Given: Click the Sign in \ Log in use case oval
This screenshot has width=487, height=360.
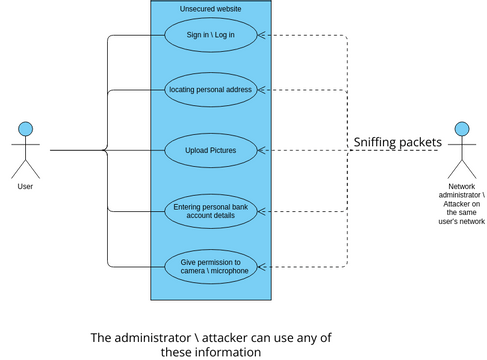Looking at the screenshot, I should (x=211, y=36).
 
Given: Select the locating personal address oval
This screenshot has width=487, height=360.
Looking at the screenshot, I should (x=211, y=89).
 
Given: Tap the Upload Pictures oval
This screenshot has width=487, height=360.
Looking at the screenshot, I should (x=211, y=151).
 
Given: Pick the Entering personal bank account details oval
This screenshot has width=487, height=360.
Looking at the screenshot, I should (x=211, y=211).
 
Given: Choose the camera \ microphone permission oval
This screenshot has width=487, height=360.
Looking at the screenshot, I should (x=211, y=266).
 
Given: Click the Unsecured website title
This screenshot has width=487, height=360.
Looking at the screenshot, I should (x=210, y=9).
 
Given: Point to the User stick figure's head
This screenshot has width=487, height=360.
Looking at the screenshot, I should (x=27, y=128).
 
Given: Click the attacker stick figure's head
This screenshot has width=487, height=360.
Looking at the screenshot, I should (x=460, y=128).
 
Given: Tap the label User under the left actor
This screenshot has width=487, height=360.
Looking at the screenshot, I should (x=26, y=186).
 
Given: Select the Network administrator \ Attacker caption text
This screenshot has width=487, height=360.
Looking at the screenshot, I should (x=460, y=204).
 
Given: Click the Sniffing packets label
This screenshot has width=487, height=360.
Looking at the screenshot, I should (x=397, y=142).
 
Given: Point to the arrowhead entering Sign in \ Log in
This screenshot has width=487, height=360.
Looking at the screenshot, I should (x=262, y=36).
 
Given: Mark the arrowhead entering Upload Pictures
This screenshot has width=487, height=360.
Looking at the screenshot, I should (x=262, y=151).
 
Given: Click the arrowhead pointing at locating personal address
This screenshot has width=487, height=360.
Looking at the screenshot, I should (x=262, y=89).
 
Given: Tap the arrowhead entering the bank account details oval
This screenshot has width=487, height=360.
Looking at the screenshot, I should (x=262, y=211).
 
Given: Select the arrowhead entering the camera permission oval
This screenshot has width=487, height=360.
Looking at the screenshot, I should (x=262, y=266).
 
